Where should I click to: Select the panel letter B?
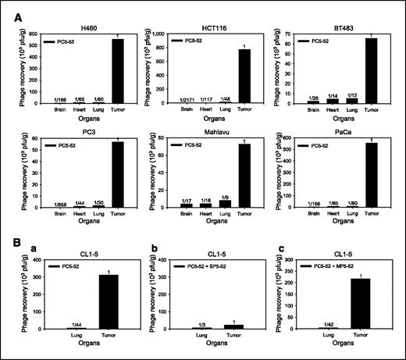(x=11, y=243)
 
